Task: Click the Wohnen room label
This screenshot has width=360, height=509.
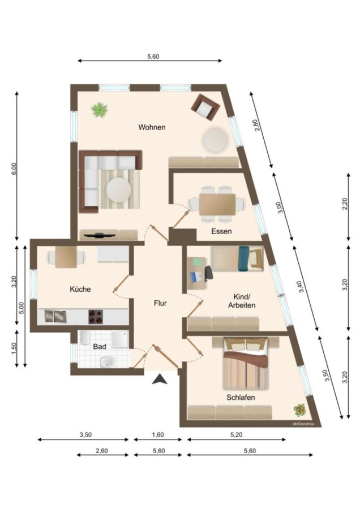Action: click(x=152, y=127)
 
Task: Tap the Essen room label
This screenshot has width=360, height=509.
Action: click(x=221, y=231)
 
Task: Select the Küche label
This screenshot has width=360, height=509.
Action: click(x=80, y=289)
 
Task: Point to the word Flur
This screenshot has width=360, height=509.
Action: click(x=160, y=303)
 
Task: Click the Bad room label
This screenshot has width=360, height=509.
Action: click(x=100, y=346)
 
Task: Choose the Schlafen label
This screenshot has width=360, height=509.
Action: click(x=241, y=398)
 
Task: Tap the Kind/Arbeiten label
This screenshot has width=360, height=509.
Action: click(x=242, y=301)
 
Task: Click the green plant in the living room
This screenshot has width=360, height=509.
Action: click(x=100, y=110)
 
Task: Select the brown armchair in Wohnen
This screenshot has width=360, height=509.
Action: click(x=205, y=107)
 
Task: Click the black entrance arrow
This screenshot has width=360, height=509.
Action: click(x=160, y=379)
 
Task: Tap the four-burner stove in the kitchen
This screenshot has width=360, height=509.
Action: click(x=96, y=317)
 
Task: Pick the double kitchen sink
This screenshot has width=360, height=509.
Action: click(x=55, y=316)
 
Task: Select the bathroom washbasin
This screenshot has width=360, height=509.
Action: click(x=107, y=362)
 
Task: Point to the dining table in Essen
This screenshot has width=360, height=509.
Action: click(x=217, y=204)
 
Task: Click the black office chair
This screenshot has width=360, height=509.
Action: click(x=208, y=273)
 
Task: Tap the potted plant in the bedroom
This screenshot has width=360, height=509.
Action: click(x=300, y=411)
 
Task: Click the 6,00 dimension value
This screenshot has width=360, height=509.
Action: click(x=14, y=169)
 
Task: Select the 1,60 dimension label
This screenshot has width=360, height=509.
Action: click(x=158, y=435)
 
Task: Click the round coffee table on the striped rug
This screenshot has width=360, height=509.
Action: click(x=119, y=190)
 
